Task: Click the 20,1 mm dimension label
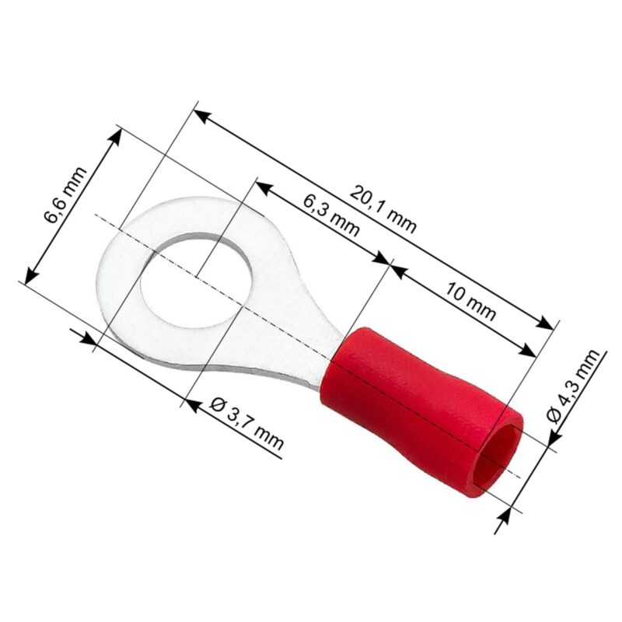[x=383, y=209]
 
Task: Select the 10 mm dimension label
[x=470, y=301]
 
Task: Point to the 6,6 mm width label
[x=65, y=195]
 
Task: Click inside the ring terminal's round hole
[x=196, y=280]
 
